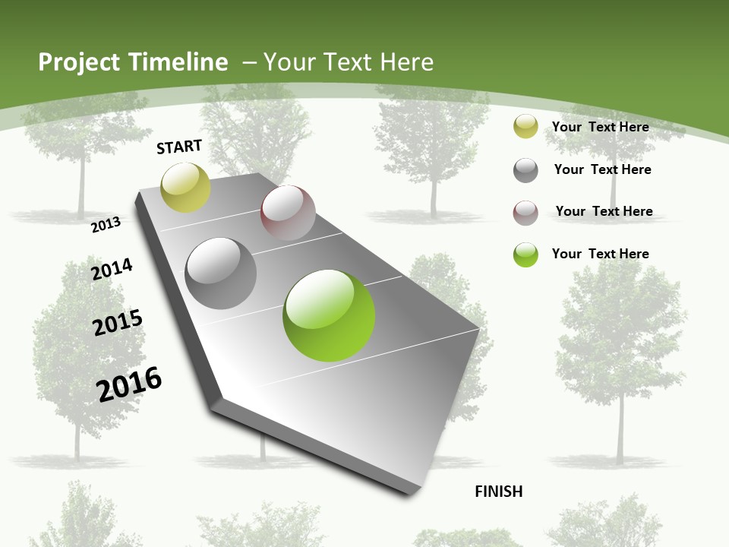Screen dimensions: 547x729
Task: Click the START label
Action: pyautogui.click(x=179, y=147)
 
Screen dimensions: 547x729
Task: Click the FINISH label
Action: pyautogui.click(x=498, y=492)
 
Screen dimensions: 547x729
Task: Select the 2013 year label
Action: pyautogui.click(x=106, y=224)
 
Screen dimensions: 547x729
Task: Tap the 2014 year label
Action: pyautogui.click(x=112, y=269)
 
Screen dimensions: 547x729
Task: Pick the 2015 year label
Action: pyautogui.click(x=118, y=323)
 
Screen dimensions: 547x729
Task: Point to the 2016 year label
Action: pyautogui.click(x=130, y=384)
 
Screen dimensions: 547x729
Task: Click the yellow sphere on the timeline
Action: pyautogui.click(x=185, y=188)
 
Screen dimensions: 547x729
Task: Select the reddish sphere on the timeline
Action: pyautogui.click(x=288, y=213)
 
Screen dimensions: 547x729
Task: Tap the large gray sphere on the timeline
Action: pyautogui.click(x=221, y=273)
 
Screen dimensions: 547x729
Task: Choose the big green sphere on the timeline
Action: pyautogui.click(x=329, y=315)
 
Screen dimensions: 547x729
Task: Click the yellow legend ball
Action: pyautogui.click(x=525, y=127)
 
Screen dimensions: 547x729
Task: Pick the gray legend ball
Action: pyautogui.click(x=525, y=170)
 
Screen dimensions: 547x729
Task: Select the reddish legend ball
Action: pyautogui.click(x=525, y=212)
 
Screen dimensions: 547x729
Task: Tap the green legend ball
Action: pyautogui.click(x=525, y=255)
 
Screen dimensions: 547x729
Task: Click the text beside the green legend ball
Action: pyautogui.click(x=600, y=254)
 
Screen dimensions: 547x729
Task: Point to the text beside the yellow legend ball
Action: pyautogui.click(x=600, y=127)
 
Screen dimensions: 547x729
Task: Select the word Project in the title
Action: pyautogui.click(x=80, y=62)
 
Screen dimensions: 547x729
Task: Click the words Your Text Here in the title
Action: pyautogui.click(x=349, y=62)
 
